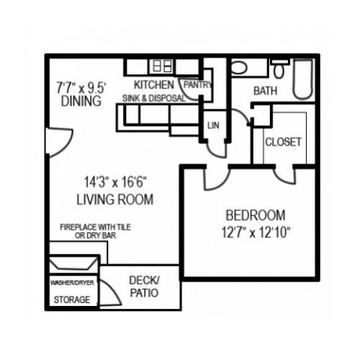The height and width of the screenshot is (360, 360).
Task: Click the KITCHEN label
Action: click(153, 85)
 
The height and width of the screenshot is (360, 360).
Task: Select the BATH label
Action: click(265, 91)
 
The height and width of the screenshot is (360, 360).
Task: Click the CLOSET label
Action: click(283, 142)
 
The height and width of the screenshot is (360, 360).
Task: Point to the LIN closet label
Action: click(212, 125)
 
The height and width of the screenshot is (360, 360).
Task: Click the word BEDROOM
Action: click(256, 215)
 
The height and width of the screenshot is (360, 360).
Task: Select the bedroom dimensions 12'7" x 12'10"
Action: click(258, 232)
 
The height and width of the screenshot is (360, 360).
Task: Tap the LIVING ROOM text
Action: click(114, 199)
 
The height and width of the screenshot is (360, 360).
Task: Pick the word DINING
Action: click(76, 102)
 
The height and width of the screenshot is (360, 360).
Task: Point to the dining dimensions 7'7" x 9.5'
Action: click(81, 88)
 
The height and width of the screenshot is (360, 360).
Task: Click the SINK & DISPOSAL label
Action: click(153, 98)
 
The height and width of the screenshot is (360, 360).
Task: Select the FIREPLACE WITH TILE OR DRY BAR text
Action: click(89, 230)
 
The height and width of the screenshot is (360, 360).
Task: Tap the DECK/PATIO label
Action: click(143, 287)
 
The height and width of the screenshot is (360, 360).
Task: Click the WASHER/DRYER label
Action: click(72, 283)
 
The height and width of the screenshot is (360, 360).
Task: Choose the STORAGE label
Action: click(72, 300)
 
